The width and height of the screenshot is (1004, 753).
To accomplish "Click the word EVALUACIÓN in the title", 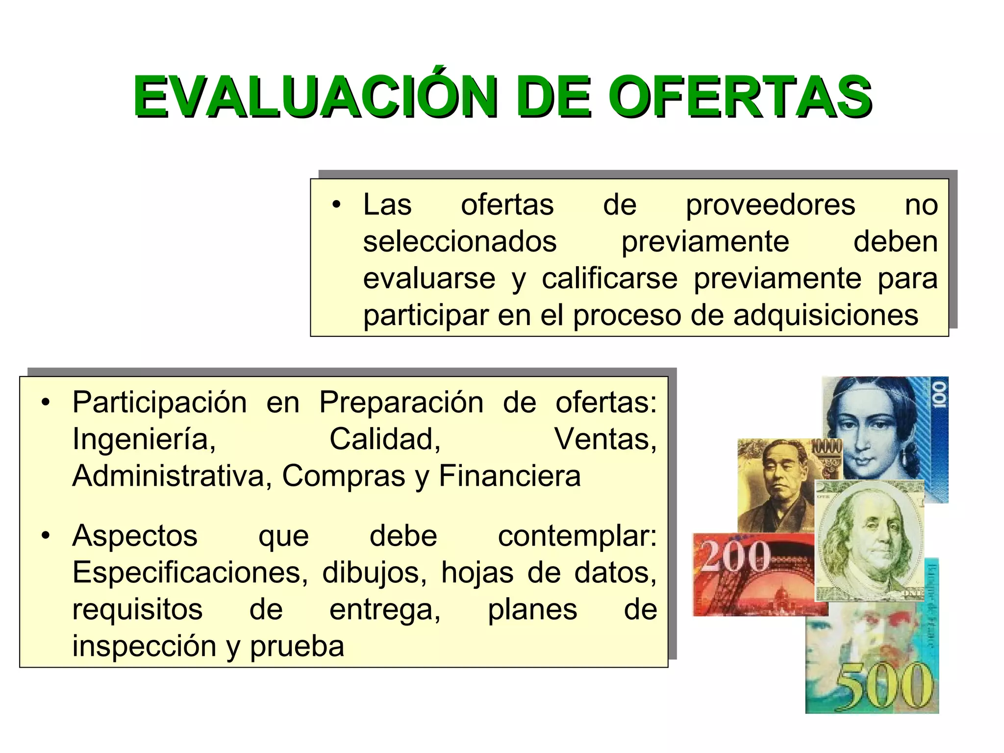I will coord(314,97).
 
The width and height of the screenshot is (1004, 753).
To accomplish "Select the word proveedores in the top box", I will coord(770,205).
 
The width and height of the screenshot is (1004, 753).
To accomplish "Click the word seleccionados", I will coord(460,242).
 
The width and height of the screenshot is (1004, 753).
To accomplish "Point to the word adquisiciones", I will coord(826,315).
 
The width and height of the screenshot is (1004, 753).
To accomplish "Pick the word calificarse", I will coord(609,278).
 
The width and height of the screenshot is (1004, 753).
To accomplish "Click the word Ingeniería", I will coord(144,439).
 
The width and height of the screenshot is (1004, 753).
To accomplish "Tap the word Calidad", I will coord(385,439).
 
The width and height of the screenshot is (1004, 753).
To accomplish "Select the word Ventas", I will coord(605,439).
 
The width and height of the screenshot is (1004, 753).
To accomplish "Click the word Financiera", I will coord(510,476).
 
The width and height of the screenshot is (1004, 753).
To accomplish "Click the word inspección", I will coord(144,646).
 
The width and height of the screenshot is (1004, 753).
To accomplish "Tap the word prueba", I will coord(297,646).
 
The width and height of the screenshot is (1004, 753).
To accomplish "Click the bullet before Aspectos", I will coord(46,536).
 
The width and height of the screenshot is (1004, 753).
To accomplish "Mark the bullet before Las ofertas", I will coord(336,205).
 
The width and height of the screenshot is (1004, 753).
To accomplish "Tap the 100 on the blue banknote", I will coord(938,395).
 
